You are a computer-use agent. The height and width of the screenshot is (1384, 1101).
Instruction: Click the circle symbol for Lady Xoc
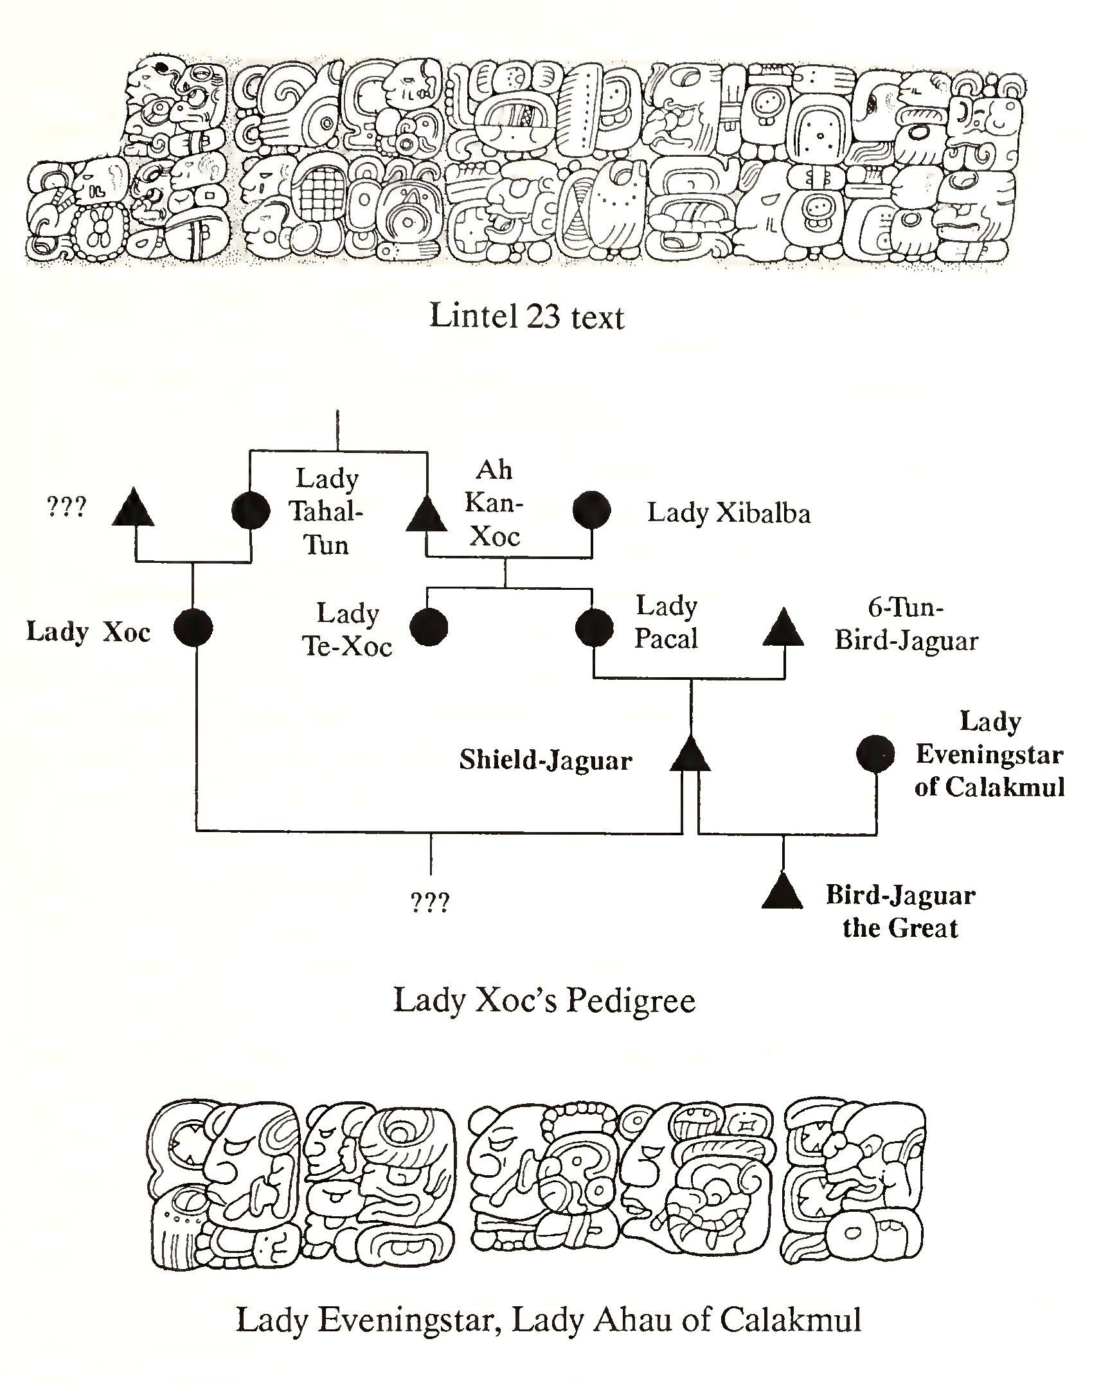click(x=193, y=628)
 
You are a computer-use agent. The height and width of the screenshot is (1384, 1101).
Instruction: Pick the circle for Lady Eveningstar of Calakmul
click(x=875, y=753)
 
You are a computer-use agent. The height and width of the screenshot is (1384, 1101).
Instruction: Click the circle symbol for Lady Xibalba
click(x=591, y=510)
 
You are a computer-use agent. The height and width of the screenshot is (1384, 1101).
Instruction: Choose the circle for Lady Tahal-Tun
click(x=250, y=511)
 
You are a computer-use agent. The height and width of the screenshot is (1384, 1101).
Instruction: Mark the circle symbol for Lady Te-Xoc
click(x=428, y=626)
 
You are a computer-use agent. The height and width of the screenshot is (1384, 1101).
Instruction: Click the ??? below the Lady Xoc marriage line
click(x=430, y=903)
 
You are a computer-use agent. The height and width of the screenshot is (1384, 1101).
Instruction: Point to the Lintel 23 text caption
click(x=526, y=317)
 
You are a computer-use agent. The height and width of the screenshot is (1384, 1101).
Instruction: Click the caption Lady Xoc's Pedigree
click(x=544, y=1000)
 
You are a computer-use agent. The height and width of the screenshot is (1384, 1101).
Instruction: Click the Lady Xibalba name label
click(x=728, y=513)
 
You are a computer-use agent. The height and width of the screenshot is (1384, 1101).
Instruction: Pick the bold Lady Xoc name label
click(x=88, y=632)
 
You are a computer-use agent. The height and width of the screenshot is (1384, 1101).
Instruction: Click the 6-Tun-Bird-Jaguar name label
click(x=906, y=624)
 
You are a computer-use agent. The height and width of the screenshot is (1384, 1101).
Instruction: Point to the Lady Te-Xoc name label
click(x=347, y=630)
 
